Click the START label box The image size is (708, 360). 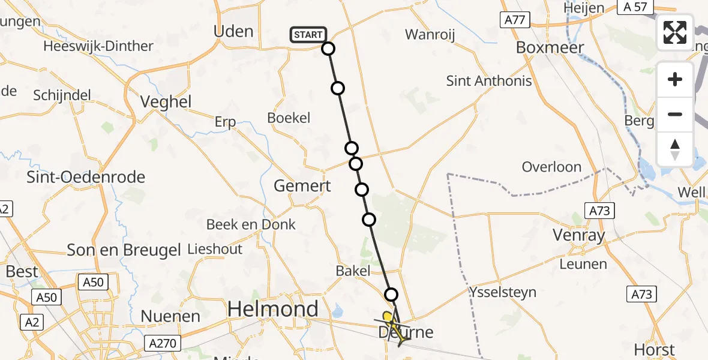point(308,35)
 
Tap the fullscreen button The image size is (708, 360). point(675,32)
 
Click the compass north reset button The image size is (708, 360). point(675,149)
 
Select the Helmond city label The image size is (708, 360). point(273,310)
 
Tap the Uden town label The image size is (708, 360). point(233,31)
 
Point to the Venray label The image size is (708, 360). point(580,235)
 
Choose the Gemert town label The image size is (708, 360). point(302,186)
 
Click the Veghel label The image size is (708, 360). point(166,102)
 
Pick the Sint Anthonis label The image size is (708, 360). point(489,80)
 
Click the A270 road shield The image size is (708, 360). point(163,343)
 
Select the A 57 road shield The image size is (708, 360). point(635,7)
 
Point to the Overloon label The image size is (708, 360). point(551,167)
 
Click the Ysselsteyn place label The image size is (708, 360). point(503,293)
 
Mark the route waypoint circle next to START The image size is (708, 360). point(328,49)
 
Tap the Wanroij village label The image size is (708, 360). point(430,34)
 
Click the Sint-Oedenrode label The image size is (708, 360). point(86,177)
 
